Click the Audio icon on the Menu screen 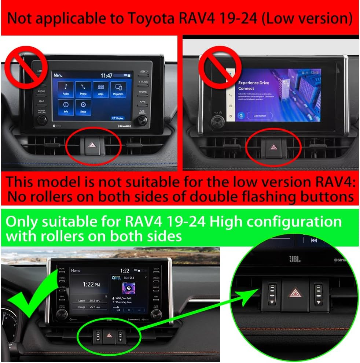tap(66, 89)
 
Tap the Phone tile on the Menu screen tap(83, 89)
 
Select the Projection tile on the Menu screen tap(118, 89)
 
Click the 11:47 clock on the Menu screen tap(107, 75)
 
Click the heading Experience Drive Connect tap(253, 86)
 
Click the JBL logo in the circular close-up tap(294, 259)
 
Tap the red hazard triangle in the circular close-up tap(294, 292)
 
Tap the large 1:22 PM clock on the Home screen tap(92, 285)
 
